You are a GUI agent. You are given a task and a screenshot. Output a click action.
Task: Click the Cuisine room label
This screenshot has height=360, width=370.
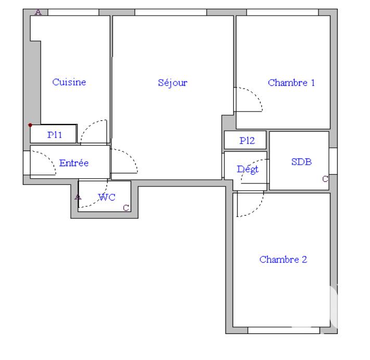(x=69, y=82)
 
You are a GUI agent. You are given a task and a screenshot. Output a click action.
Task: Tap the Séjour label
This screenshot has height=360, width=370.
(x=173, y=82)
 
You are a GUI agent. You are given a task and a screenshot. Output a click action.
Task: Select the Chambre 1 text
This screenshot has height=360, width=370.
(x=291, y=82)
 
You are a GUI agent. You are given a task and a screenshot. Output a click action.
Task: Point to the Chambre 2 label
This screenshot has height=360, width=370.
(x=283, y=259)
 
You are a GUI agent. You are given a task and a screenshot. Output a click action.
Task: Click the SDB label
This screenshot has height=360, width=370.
(x=301, y=162)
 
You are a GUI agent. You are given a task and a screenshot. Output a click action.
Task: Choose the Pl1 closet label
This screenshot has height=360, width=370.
(x=55, y=135)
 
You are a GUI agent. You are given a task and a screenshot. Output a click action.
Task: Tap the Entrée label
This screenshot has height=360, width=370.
(x=74, y=163)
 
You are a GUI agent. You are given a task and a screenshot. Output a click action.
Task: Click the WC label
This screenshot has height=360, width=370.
(x=107, y=197)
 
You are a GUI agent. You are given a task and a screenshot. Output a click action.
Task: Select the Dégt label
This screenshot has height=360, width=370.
(x=248, y=169)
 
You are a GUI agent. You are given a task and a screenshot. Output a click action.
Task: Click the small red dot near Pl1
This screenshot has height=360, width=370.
(x=30, y=125)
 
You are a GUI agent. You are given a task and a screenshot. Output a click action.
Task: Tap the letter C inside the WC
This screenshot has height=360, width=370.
(x=125, y=208)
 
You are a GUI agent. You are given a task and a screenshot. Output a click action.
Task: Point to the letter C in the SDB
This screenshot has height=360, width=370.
(x=325, y=179)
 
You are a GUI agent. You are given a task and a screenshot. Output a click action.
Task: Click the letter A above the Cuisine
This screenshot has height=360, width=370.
(x=37, y=12)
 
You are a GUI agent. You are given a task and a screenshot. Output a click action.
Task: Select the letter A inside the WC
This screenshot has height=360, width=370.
(x=78, y=197)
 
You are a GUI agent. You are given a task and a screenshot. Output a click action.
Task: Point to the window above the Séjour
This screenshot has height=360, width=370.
(x=171, y=12)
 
